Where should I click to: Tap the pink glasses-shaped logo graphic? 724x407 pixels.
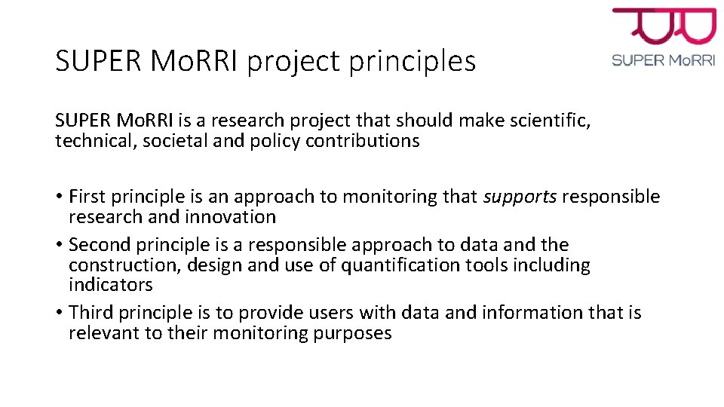[664, 26]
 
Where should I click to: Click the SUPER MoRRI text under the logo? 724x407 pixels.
[664, 60]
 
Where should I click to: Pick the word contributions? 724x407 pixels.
[363, 141]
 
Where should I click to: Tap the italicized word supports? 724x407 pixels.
[520, 197]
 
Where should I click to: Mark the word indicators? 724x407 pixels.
[110, 285]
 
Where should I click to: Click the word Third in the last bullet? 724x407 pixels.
[89, 313]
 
